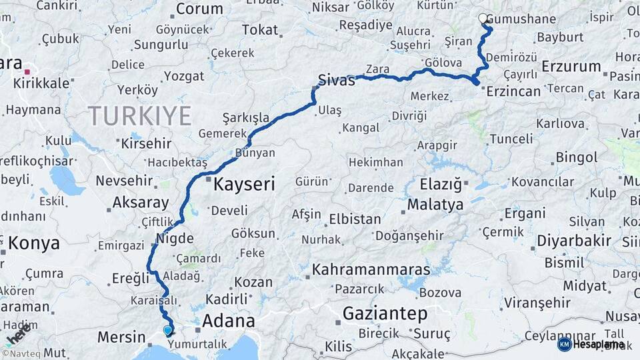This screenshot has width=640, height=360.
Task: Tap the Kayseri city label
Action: (243, 185)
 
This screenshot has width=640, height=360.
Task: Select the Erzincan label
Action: (513, 91)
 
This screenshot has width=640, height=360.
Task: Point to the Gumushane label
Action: (521, 19)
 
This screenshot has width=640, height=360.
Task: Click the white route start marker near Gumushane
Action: (483, 19)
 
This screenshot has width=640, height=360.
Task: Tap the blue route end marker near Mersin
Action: (167, 329)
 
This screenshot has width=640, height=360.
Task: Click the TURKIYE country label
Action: (140, 116)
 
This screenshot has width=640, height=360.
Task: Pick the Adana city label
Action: (228, 321)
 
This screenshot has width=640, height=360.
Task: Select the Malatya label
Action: (435, 204)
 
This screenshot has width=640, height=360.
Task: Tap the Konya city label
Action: (33, 243)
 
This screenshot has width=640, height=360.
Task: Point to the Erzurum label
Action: (571, 66)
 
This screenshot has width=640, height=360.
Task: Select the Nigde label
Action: (174, 239)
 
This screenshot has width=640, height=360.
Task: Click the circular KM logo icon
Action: (564, 345)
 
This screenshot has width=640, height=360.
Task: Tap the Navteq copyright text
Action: (21, 353)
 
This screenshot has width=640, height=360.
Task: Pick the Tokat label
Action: (260, 29)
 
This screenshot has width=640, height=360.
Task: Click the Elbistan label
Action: (355, 219)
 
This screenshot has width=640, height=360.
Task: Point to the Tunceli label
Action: (511, 139)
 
